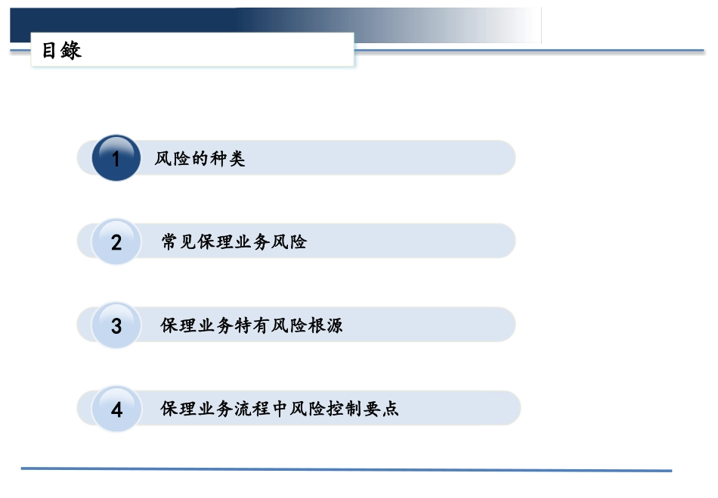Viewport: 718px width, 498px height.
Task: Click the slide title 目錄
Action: pos(61,51)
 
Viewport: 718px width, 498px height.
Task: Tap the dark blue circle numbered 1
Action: pos(116,158)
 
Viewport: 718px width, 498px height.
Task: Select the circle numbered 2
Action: pos(116,242)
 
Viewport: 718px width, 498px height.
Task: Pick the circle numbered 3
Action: pos(116,325)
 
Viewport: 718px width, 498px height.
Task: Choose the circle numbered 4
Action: pos(116,409)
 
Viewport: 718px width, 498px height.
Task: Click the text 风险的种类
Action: pos(200,159)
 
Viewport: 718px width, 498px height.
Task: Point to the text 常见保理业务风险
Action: pos(234,242)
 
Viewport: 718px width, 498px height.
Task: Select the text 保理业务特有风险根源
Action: pos(252,326)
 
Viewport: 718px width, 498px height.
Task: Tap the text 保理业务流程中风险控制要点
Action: pos(280,409)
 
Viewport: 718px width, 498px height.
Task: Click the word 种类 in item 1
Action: pos(227,159)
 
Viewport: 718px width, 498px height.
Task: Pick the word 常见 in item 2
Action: pos(179,242)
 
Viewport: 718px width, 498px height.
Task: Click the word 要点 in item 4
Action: pos(381,409)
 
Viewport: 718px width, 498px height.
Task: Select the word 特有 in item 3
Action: pos(252,326)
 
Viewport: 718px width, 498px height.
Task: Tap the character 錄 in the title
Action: pos(72,51)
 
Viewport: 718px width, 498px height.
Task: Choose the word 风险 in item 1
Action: pos(172,159)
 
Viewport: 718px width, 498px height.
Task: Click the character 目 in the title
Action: pos(50,51)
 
